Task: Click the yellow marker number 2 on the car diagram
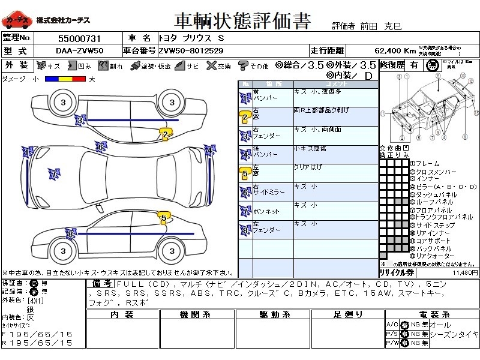coord(165,135)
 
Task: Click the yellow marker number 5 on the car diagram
coord(164,217)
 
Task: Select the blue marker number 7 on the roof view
coord(53,174)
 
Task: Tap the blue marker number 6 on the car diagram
coord(101,146)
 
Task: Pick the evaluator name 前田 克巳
coord(386,26)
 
